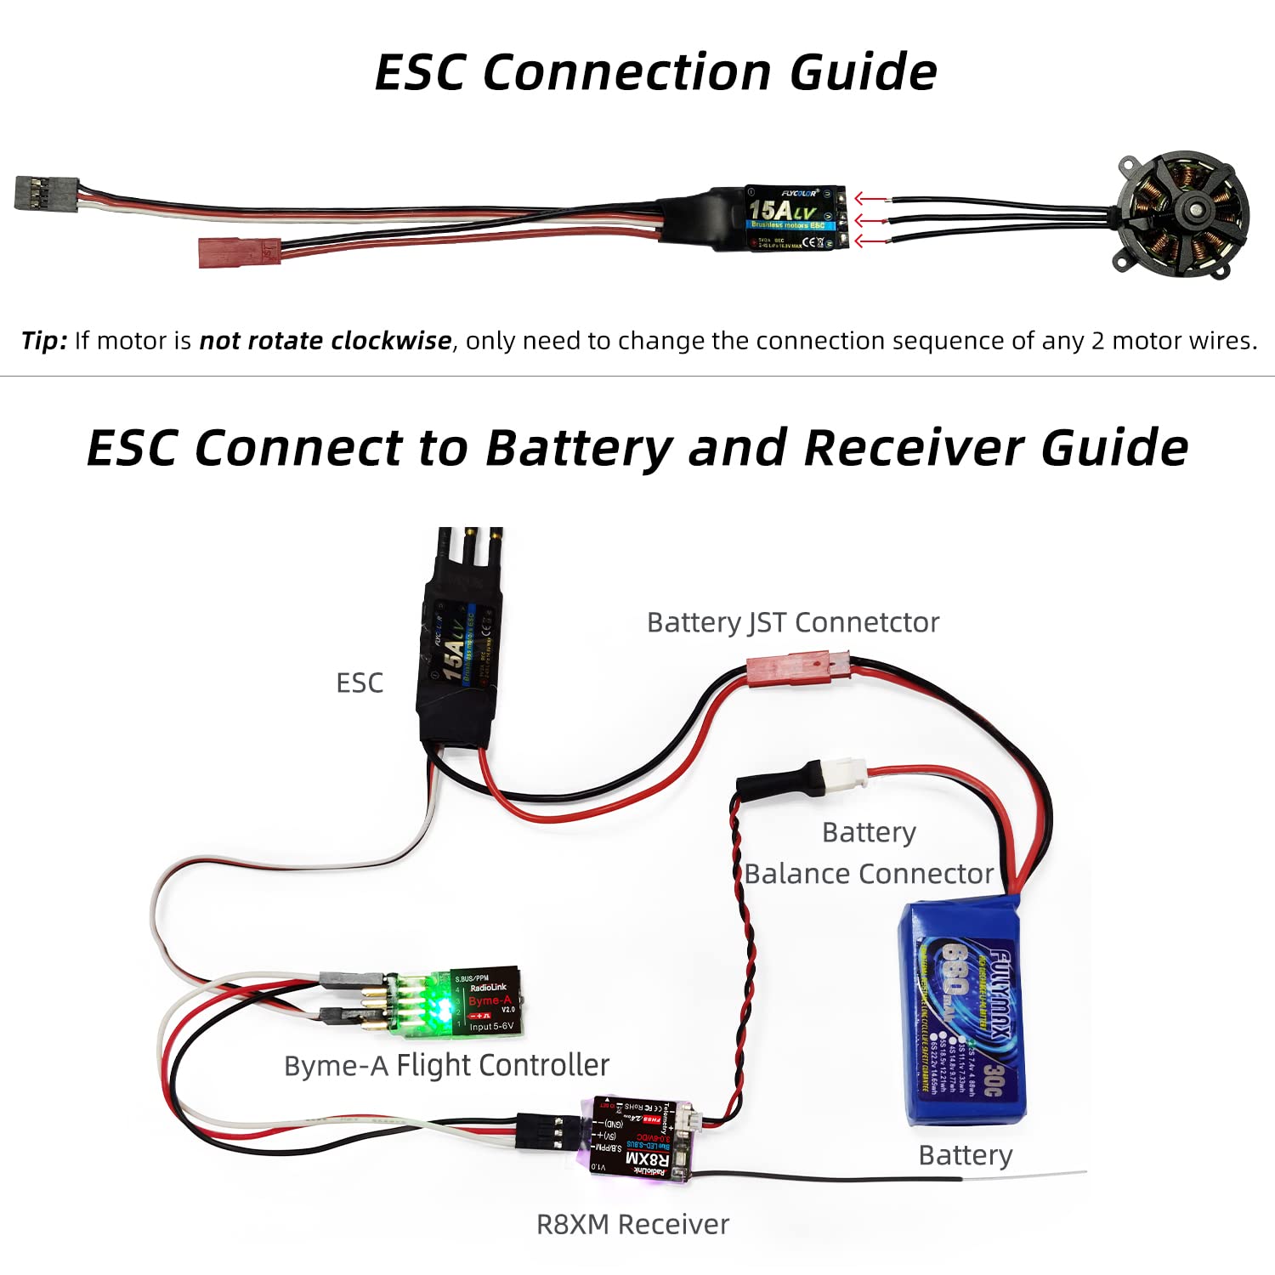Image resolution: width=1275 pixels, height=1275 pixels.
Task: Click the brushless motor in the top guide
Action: tap(1181, 216)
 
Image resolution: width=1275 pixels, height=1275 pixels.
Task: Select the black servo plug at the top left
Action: tap(46, 194)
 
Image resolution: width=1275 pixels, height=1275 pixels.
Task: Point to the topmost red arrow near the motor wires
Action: tap(871, 200)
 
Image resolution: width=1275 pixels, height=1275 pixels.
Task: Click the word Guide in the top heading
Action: tap(863, 72)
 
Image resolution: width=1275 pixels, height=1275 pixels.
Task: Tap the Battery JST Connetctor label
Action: tap(792, 622)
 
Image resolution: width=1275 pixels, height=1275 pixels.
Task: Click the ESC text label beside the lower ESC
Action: tap(360, 683)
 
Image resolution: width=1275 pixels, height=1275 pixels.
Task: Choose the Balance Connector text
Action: tap(869, 874)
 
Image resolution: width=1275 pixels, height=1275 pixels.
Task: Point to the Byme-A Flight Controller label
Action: tap(446, 1065)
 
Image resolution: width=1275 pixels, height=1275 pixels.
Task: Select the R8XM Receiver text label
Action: tap(632, 1224)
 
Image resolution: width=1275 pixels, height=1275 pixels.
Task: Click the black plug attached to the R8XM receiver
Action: tap(545, 1132)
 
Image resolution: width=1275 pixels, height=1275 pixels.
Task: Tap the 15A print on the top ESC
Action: tap(769, 209)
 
